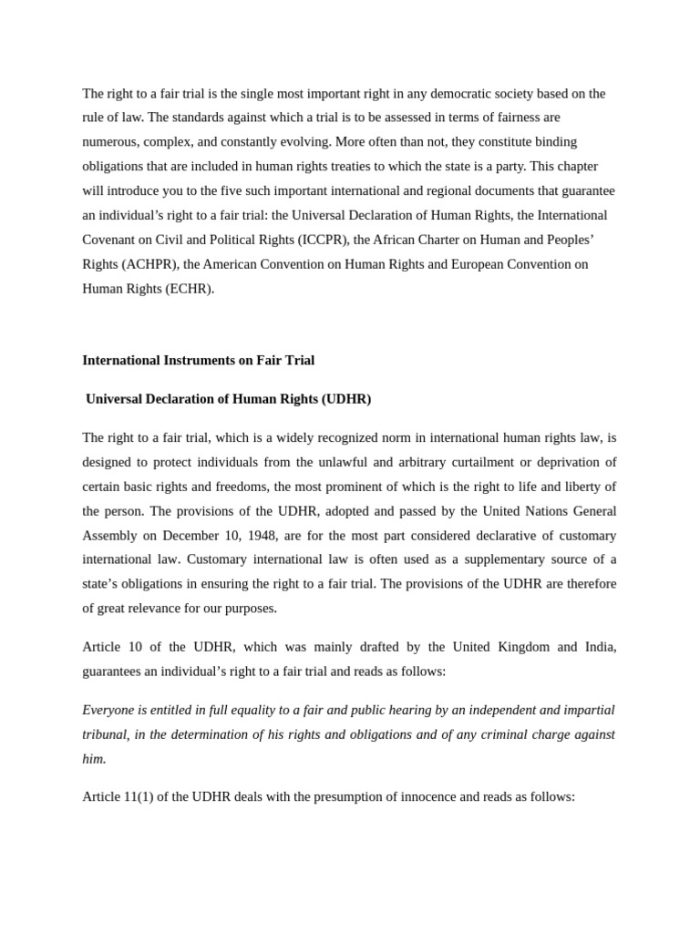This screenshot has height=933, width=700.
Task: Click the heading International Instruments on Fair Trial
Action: (x=198, y=360)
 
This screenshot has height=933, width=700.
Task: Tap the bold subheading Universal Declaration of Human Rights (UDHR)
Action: (x=228, y=399)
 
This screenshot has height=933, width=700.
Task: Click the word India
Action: (x=598, y=647)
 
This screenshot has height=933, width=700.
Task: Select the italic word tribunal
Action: (x=104, y=734)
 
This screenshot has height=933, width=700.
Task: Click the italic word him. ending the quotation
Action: (x=94, y=758)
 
